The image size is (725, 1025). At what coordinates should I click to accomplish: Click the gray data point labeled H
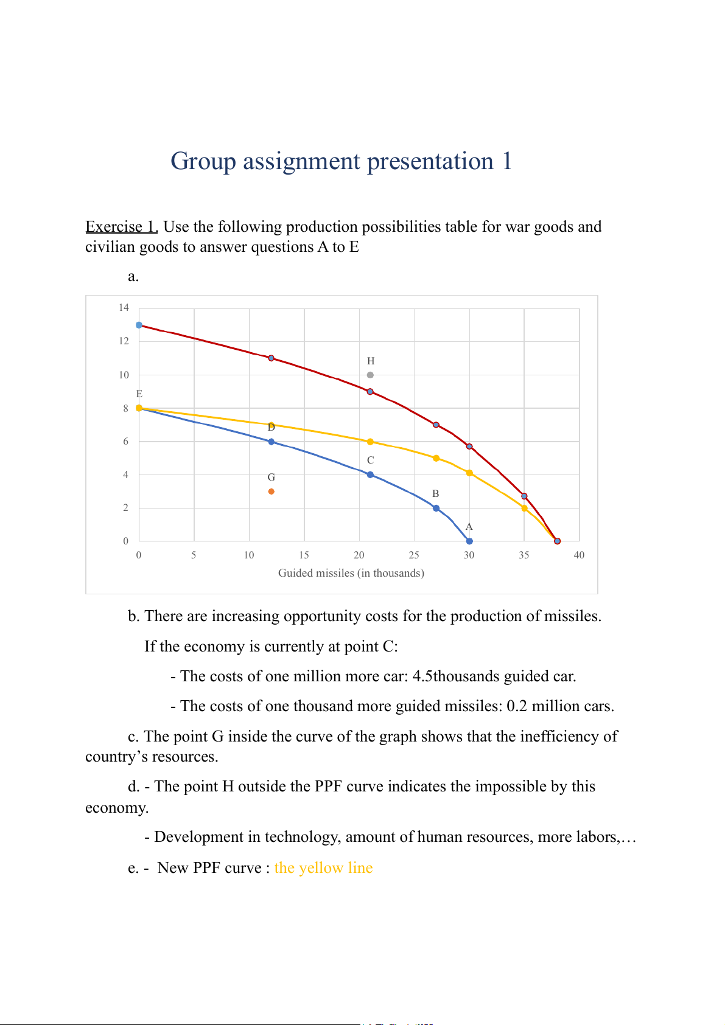point(370,375)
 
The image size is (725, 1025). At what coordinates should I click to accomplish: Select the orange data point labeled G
point(271,492)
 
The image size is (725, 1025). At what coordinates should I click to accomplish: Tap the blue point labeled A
point(469,541)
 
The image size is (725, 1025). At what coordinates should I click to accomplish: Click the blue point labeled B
point(436,508)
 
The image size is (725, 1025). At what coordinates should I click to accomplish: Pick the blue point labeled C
point(370,474)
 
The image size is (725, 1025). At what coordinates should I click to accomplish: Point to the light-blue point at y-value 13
point(139,325)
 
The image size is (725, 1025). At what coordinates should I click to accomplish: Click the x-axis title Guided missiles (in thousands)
point(351,573)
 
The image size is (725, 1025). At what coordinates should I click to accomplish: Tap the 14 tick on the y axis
point(124,308)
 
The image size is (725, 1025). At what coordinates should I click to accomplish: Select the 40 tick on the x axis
point(579,555)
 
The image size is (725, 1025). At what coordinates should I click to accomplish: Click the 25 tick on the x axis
point(414,555)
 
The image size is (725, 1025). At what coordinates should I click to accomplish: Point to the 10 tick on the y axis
point(124,375)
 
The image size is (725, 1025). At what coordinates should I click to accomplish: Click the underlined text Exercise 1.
point(122,227)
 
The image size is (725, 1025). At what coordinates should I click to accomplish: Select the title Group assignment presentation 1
point(341,161)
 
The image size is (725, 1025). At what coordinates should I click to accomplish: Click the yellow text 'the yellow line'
point(323,868)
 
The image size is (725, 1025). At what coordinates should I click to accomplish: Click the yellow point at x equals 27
point(436,458)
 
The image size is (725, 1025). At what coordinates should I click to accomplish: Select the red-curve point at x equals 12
point(271,358)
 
